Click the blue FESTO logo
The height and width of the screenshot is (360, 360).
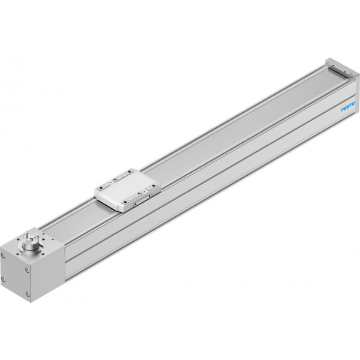pyautogui.click(x=348, y=107)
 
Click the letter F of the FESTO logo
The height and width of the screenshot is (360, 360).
pyautogui.click(x=343, y=110)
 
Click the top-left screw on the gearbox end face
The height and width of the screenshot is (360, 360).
pyautogui.click(x=2, y=256)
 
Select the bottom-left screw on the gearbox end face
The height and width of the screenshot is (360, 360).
pyautogui.click(x=3, y=280)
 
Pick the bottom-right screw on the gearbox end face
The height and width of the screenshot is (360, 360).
pyautogui.click(x=28, y=293)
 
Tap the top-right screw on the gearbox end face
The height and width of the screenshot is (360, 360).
pyautogui.click(x=27, y=270)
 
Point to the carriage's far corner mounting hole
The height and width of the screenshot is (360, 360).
pyautogui.click(x=131, y=170)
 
